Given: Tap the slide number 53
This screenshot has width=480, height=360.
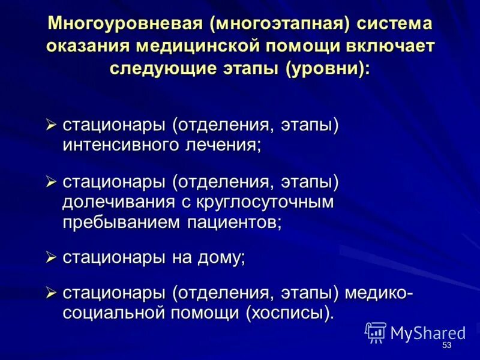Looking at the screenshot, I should click(446, 346).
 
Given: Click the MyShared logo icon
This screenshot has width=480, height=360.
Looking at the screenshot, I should click(376, 332).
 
